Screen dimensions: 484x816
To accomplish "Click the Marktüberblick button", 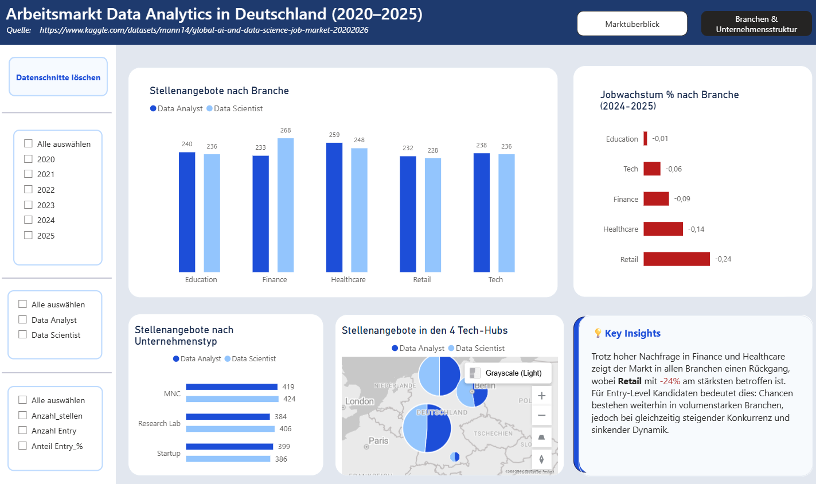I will tap(632, 24).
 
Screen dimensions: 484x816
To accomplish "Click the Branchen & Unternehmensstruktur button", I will tap(756, 24).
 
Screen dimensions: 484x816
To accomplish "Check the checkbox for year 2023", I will tap(28, 205).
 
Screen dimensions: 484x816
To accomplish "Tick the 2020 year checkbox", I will tap(28, 159).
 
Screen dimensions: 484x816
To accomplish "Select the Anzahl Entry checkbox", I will tap(23, 431).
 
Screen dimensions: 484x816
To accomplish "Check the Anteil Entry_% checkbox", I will tap(23, 446).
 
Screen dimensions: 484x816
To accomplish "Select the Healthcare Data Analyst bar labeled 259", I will tap(334, 207).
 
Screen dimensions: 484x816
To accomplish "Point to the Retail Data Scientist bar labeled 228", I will tap(433, 215).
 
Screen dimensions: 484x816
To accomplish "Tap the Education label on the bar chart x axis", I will tap(201, 280).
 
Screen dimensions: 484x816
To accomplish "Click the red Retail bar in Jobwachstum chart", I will tap(677, 259).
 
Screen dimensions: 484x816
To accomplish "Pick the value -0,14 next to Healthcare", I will tap(696, 229).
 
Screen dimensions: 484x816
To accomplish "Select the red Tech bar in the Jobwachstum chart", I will tap(652, 169).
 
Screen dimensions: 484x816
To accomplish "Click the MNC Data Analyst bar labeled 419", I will tap(232, 387).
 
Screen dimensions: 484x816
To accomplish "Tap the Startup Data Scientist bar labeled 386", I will tap(228, 459).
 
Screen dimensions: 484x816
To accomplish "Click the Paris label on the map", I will tap(378, 441).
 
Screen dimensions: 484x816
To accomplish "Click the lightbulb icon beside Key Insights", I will tap(598, 333).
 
